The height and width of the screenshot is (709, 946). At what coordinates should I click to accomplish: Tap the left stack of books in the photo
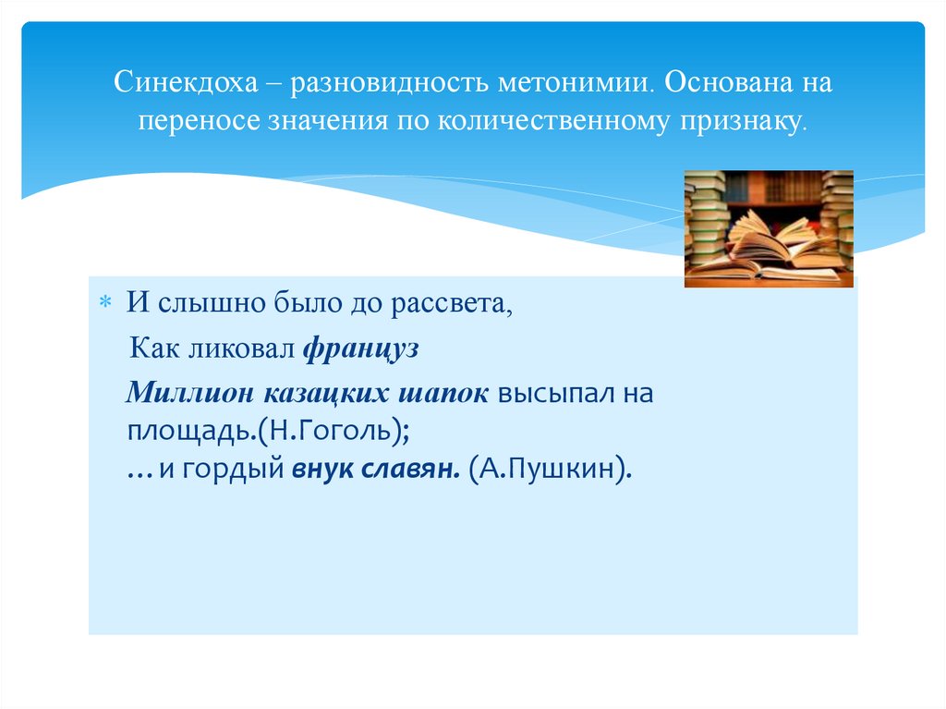pos(707,217)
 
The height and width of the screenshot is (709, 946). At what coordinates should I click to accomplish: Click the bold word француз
pos(360,348)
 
